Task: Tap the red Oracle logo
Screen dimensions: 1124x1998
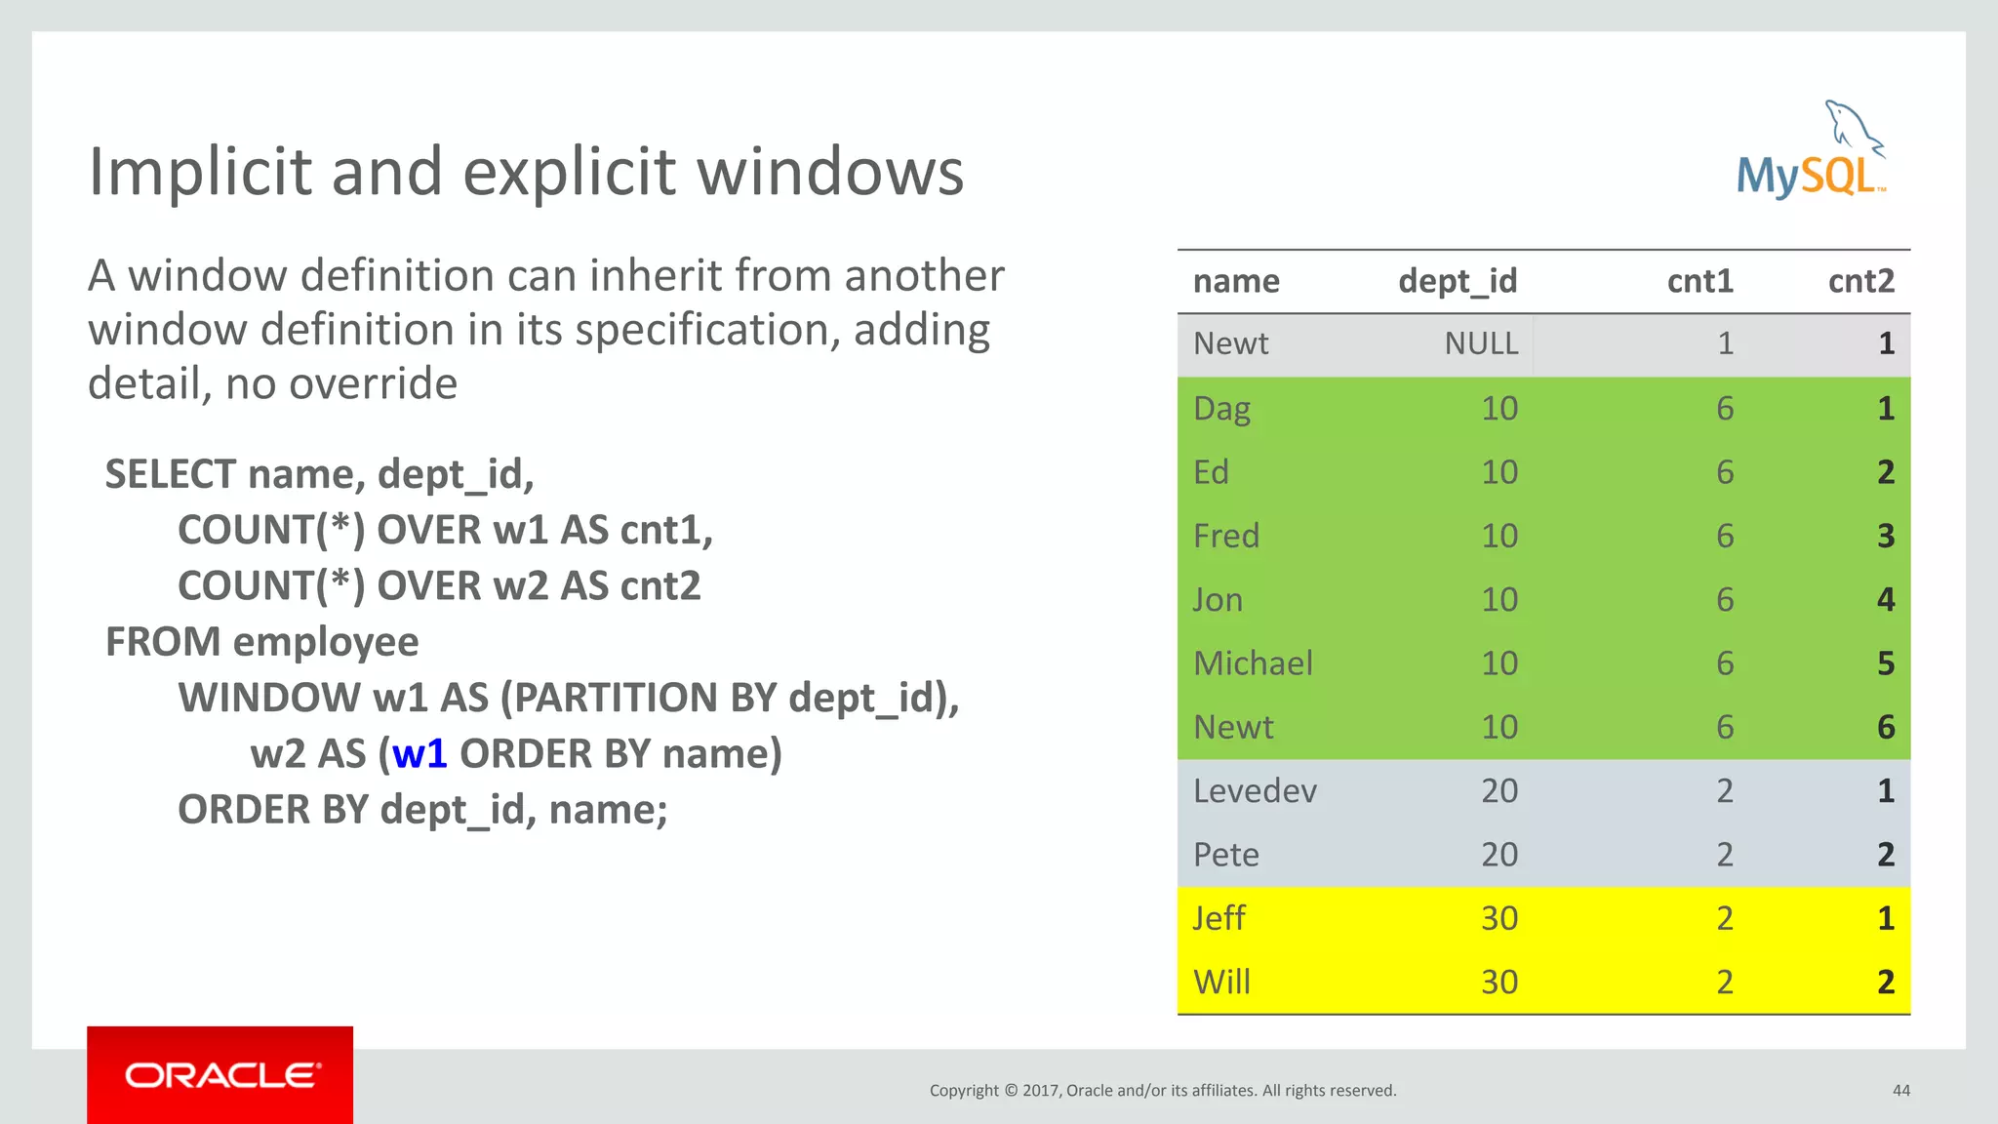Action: [220, 1074]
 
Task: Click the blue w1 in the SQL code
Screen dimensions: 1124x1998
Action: [420, 753]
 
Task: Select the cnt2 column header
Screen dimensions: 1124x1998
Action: [1860, 281]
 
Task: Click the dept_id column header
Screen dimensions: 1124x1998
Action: [1458, 281]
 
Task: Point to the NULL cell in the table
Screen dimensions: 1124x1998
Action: [1481, 343]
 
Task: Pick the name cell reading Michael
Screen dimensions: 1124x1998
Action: [1253, 663]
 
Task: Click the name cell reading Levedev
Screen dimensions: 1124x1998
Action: [1255, 790]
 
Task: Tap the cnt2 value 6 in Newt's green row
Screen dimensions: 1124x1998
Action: [1885, 727]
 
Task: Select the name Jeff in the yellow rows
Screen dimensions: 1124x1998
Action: [1219, 918]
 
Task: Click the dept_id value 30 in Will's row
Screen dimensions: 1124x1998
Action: [1498, 982]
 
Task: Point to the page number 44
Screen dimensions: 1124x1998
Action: [1900, 1090]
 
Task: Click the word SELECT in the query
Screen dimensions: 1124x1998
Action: [171, 474]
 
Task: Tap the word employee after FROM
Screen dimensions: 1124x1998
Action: [326, 642]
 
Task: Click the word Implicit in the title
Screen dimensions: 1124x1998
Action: [201, 172]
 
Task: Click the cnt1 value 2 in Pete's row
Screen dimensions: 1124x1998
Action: [1724, 855]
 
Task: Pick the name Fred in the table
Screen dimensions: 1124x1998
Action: [1226, 536]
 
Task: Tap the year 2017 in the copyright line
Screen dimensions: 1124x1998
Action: [1041, 1090]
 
